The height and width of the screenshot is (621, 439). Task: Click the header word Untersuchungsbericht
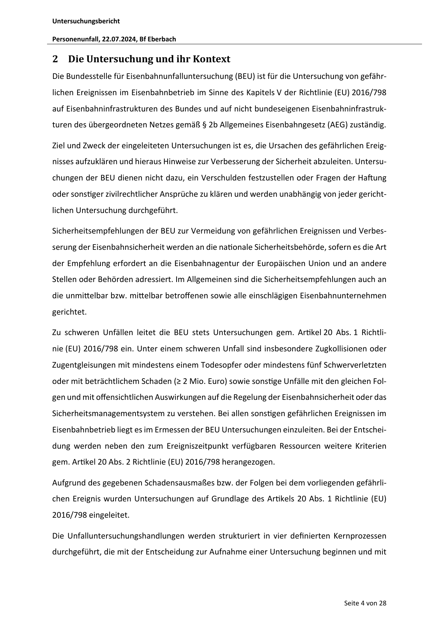point(86,21)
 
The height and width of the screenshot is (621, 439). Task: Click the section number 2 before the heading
point(55,59)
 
